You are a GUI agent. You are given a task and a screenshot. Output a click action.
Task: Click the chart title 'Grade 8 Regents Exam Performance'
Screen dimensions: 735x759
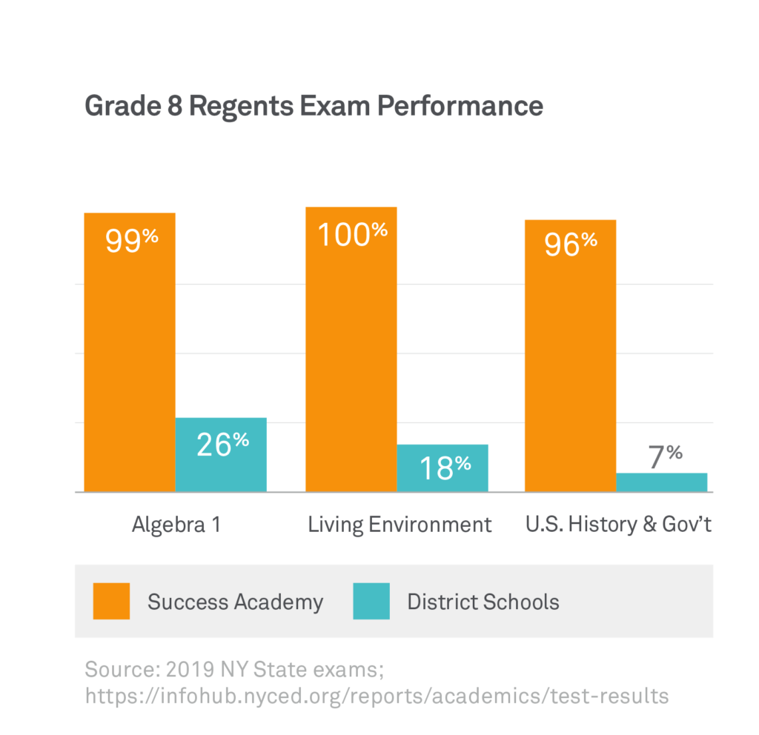(x=314, y=106)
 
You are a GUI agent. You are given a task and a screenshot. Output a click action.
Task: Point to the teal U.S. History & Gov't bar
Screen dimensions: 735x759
(x=661, y=482)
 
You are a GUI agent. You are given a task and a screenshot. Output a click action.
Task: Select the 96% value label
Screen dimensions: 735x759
(x=571, y=244)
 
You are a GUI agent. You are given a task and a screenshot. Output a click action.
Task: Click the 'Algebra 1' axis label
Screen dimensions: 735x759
(x=176, y=525)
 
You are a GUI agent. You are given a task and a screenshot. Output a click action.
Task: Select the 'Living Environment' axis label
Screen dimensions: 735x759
(x=400, y=525)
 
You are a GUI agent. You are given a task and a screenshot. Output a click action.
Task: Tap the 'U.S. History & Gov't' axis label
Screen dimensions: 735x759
(x=618, y=525)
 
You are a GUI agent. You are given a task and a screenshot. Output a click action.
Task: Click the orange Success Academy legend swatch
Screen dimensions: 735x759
(x=111, y=601)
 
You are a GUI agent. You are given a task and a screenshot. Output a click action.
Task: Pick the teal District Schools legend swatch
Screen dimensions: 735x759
(x=371, y=601)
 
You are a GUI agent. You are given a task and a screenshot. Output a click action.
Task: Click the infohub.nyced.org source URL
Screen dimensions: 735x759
(x=377, y=696)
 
